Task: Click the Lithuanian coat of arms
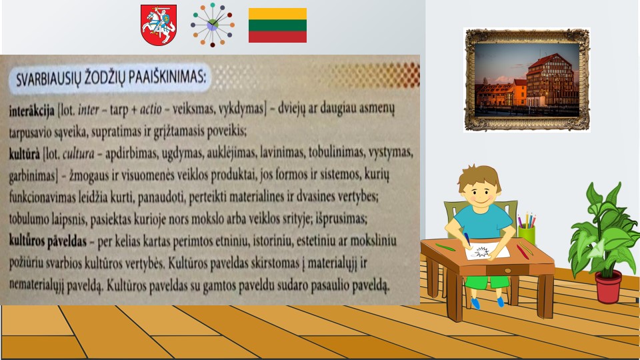pos(159,25)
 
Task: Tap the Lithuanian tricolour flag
pos(277,25)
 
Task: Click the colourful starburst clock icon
pos(212,25)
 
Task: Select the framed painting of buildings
pos(527,79)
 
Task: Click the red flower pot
pos(608,287)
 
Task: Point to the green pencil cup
pos(527,235)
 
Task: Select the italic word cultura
pos(79,153)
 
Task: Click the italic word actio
pos(151,109)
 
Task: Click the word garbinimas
pos(32,176)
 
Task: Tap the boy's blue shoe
pos(475,304)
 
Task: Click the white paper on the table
pos(487,251)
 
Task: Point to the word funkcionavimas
pos(41,197)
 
